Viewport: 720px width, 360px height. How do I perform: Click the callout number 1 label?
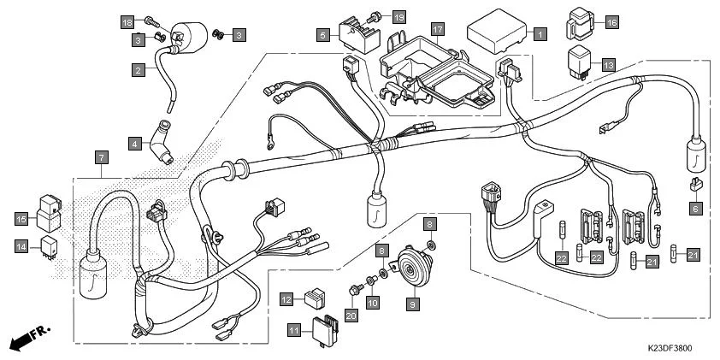tap(540, 35)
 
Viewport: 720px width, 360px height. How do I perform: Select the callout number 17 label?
tap(437, 28)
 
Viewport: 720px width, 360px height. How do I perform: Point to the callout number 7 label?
tap(101, 157)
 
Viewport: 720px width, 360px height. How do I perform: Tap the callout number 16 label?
tap(611, 22)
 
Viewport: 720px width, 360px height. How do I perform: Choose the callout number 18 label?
tap(127, 21)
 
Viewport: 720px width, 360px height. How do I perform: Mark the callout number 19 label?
tap(398, 17)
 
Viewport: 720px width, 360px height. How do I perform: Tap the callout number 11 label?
tap(293, 329)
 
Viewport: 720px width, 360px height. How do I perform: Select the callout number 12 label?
tap(286, 298)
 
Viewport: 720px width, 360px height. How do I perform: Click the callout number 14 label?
tap(21, 246)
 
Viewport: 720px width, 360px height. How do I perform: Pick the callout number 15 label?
tap(21, 218)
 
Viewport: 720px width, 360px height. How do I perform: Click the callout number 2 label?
tap(137, 70)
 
